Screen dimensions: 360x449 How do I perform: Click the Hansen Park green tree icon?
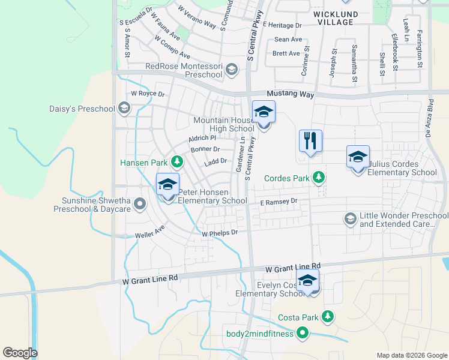[x=177, y=161]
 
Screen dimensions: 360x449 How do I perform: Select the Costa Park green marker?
[x=327, y=316]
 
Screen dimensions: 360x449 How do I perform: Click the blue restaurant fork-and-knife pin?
[x=310, y=142]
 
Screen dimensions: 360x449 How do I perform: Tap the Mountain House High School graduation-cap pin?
[x=264, y=112]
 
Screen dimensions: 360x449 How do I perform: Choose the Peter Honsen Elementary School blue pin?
[x=167, y=185]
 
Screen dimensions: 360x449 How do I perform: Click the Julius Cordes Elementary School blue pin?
[x=358, y=157]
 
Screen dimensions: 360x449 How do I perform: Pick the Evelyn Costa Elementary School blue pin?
[x=307, y=281]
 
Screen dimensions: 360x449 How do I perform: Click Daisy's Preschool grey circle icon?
[x=124, y=109]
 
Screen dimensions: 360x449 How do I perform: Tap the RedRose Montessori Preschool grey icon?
[x=232, y=70]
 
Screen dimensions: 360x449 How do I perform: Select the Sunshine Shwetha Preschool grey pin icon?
[x=140, y=204]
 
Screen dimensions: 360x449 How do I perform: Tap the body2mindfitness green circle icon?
[x=303, y=333]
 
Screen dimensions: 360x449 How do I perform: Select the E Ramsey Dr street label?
[x=279, y=202]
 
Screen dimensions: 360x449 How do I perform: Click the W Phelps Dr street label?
[x=220, y=232]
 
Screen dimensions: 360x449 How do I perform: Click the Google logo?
[x=20, y=353]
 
